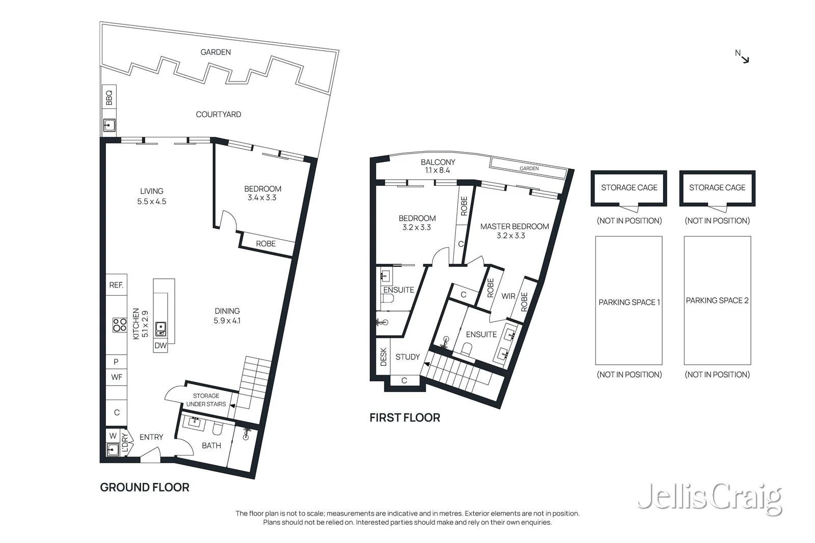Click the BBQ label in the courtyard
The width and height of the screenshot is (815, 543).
[x=109, y=98]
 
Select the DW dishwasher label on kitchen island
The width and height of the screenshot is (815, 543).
[x=160, y=346]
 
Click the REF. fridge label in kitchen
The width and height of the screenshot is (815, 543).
[x=117, y=285]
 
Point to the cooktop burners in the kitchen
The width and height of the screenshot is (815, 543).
[x=119, y=325]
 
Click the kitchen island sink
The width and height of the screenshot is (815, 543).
[x=160, y=329]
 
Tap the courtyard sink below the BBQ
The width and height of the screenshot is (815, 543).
[x=109, y=125]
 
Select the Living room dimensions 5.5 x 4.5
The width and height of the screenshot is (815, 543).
[x=152, y=202]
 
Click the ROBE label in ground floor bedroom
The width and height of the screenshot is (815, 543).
[x=265, y=244]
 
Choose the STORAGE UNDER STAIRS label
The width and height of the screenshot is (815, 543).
[x=206, y=400]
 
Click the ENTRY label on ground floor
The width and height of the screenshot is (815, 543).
[x=151, y=437]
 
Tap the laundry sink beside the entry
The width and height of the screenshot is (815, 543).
[x=113, y=450]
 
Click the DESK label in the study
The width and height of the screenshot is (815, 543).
[x=384, y=357]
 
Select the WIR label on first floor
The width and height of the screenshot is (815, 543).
[x=508, y=296]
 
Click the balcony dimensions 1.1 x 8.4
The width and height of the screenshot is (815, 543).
[x=438, y=170]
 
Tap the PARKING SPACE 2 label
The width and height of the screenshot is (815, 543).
[x=717, y=301]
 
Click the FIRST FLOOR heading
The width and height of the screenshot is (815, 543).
[x=405, y=418]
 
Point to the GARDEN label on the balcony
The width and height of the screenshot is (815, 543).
[x=529, y=168]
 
